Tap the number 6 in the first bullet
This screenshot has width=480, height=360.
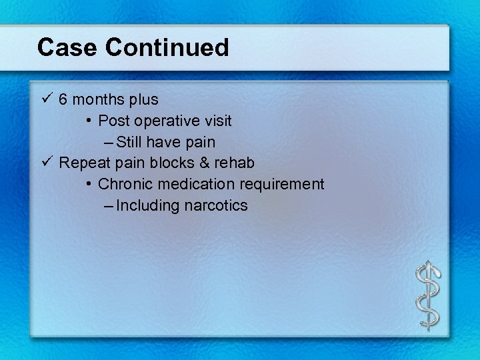tap(63, 100)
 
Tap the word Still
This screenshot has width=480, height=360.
tap(129, 142)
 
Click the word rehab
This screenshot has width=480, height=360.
tap(233, 163)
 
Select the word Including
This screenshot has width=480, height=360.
tap(148, 205)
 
